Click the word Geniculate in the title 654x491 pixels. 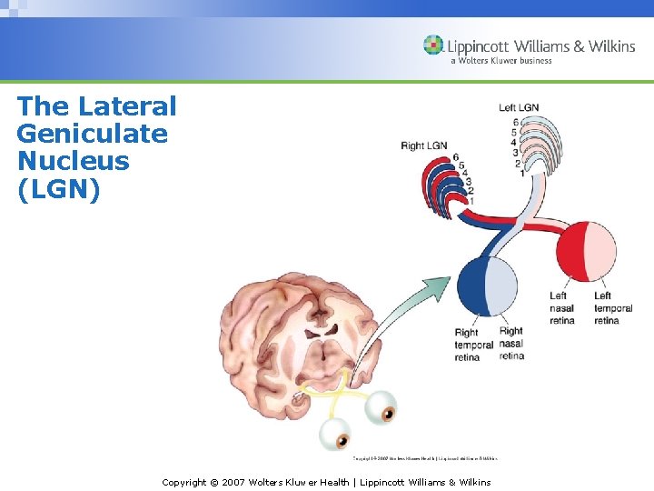click(x=92, y=135)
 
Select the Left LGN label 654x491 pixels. click(x=519, y=108)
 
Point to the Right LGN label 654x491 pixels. click(x=424, y=145)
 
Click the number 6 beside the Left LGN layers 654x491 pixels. click(x=516, y=122)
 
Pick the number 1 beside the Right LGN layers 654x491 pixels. click(x=471, y=200)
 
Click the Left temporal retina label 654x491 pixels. click(x=613, y=308)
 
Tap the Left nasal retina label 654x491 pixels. click(x=562, y=308)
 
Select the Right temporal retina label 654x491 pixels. click(x=473, y=345)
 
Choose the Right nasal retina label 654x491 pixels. click(x=511, y=344)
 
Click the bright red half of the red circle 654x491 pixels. click(x=571, y=252)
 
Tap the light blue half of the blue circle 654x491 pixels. click(x=503, y=286)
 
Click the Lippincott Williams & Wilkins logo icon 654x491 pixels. click(x=434, y=45)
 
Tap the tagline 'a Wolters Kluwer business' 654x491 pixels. click(x=500, y=61)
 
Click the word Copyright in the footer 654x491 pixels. click(x=186, y=482)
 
